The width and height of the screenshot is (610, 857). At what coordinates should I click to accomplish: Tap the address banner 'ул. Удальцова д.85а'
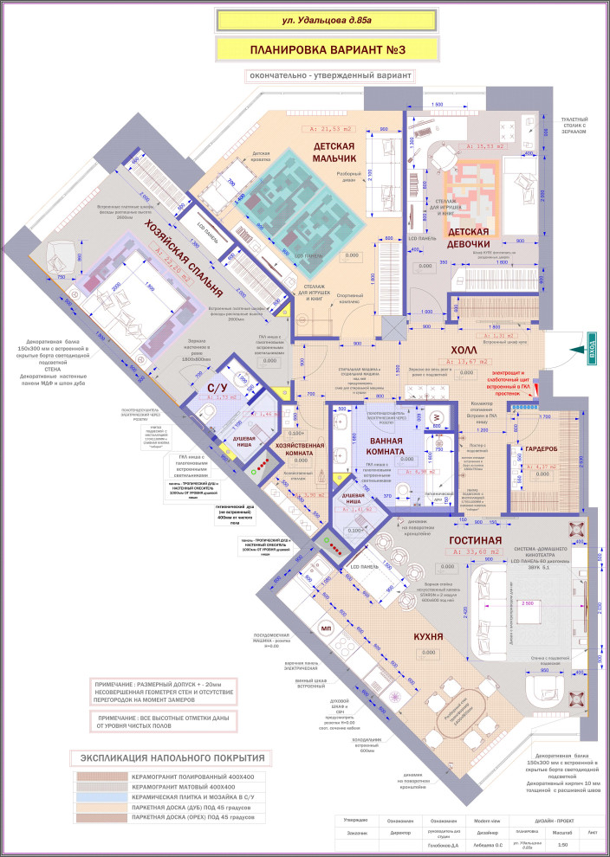point(309,16)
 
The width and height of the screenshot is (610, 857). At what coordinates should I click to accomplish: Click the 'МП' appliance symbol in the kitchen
point(326,628)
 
